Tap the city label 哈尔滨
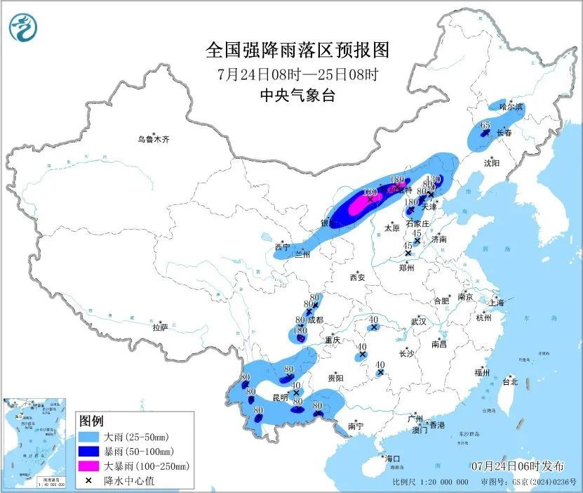point(511,107)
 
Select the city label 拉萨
point(160,327)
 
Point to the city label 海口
point(391,459)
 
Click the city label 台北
point(510,382)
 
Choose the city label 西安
point(356,278)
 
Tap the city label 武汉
point(419,321)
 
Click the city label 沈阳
point(491,163)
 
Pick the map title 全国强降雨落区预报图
point(297,51)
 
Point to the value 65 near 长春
point(485,125)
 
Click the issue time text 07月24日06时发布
point(517,466)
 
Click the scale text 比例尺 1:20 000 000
point(431,482)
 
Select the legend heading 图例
point(91,421)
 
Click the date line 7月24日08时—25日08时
point(297,74)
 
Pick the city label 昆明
point(279,397)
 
